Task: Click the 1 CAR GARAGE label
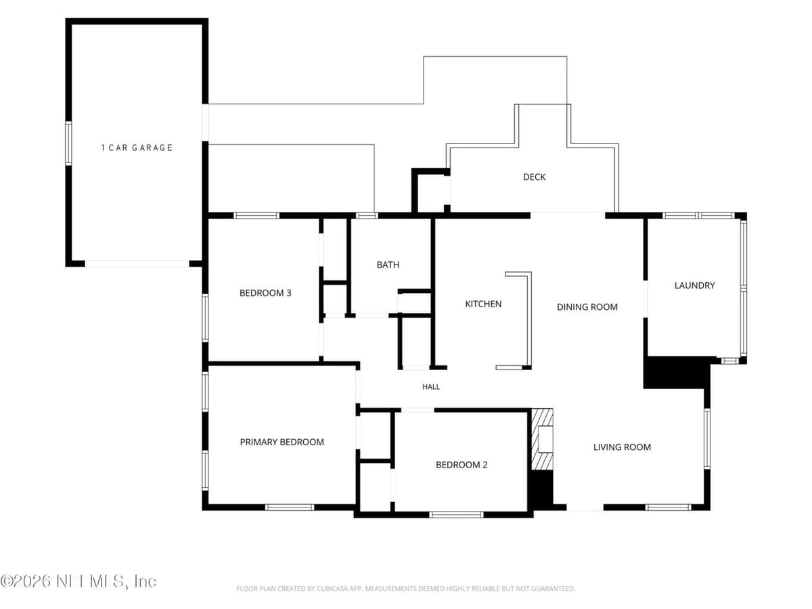(137, 148)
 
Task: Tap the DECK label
(534, 177)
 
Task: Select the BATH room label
(388, 265)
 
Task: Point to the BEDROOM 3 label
(265, 293)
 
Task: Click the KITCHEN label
(483, 304)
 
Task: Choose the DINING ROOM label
(587, 307)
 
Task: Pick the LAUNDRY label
(694, 286)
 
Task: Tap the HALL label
(431, 387)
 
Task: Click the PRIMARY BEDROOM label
(282, 442)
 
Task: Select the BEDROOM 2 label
(461, 465)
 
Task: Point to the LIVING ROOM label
(622, 447)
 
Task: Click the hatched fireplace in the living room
(542, 439)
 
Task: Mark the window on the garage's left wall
(68, 143)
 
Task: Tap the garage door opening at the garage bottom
(137, 264)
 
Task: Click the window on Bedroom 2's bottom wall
(456, 515)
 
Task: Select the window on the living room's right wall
(707, 438)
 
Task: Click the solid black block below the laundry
(677, 372)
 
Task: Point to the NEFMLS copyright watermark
(78, 582)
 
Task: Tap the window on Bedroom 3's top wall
(256, 216)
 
